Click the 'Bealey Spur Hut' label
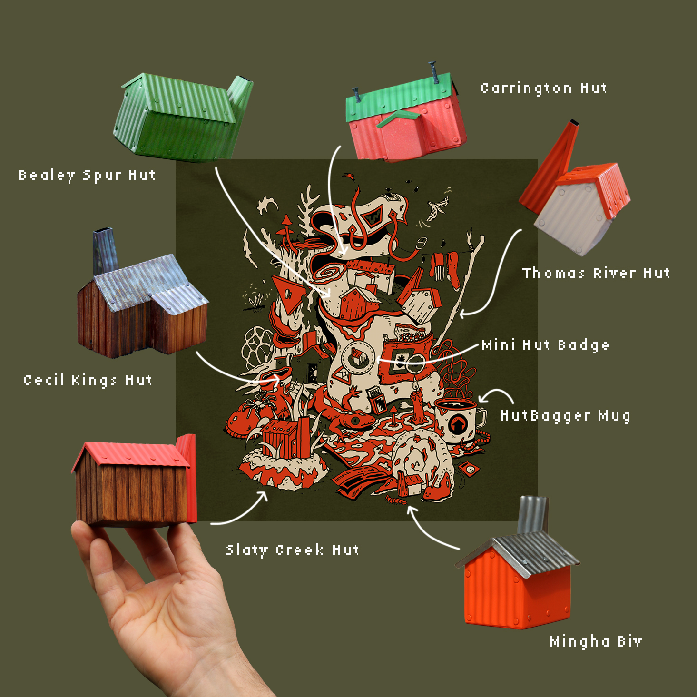tap(87, 176)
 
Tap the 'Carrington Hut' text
tap(544, 88)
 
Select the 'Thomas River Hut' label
tap(596, 273)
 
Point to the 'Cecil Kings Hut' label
tap(88, 380)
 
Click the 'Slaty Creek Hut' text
tap(293, 550)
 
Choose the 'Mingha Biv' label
tap(595, 641)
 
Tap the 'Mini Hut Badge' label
tap(546, 345)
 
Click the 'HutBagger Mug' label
tap(565, 416)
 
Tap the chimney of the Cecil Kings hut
tap(105, 250)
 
